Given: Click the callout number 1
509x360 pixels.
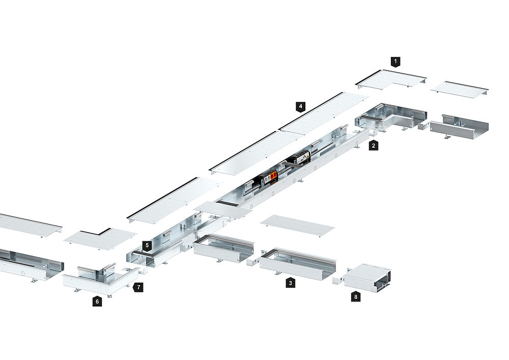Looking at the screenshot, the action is click(x=395, y=61).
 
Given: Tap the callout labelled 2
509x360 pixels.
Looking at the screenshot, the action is click(x=373, y=146).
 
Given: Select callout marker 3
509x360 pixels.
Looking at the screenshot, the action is click(x=291, y=283).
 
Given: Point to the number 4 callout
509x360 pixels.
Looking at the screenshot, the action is click(x=301, y=106).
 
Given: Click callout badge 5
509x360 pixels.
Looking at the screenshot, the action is click(x=147, y=245).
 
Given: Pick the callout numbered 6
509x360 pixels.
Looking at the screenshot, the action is click(x=97, y=301).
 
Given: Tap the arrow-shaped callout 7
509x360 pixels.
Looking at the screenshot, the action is click(x=138, y=287).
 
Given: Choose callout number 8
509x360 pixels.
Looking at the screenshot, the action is click(x=356, y=297).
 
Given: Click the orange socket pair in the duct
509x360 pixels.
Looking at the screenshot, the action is click(x=273, y=176).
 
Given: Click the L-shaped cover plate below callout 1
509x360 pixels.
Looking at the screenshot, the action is click(x=390, y=79).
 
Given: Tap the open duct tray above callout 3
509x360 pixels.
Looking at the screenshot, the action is click(x=298, y=263).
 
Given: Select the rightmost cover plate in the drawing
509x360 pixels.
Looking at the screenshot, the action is click(x=460, y=89).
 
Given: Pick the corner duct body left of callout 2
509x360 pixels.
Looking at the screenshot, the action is click(x=389, y=118).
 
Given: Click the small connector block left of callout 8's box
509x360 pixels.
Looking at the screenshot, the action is click(x=337, y=281).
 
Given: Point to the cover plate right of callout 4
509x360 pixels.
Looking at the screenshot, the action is click(x=323, y=114).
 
